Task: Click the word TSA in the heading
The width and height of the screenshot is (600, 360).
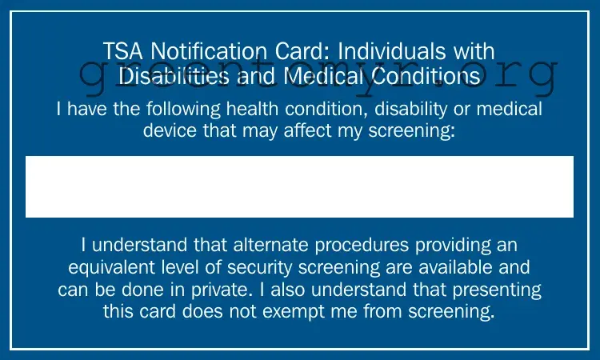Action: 121,52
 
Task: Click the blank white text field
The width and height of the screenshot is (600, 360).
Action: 299,186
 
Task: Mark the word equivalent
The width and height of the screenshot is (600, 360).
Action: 112,266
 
